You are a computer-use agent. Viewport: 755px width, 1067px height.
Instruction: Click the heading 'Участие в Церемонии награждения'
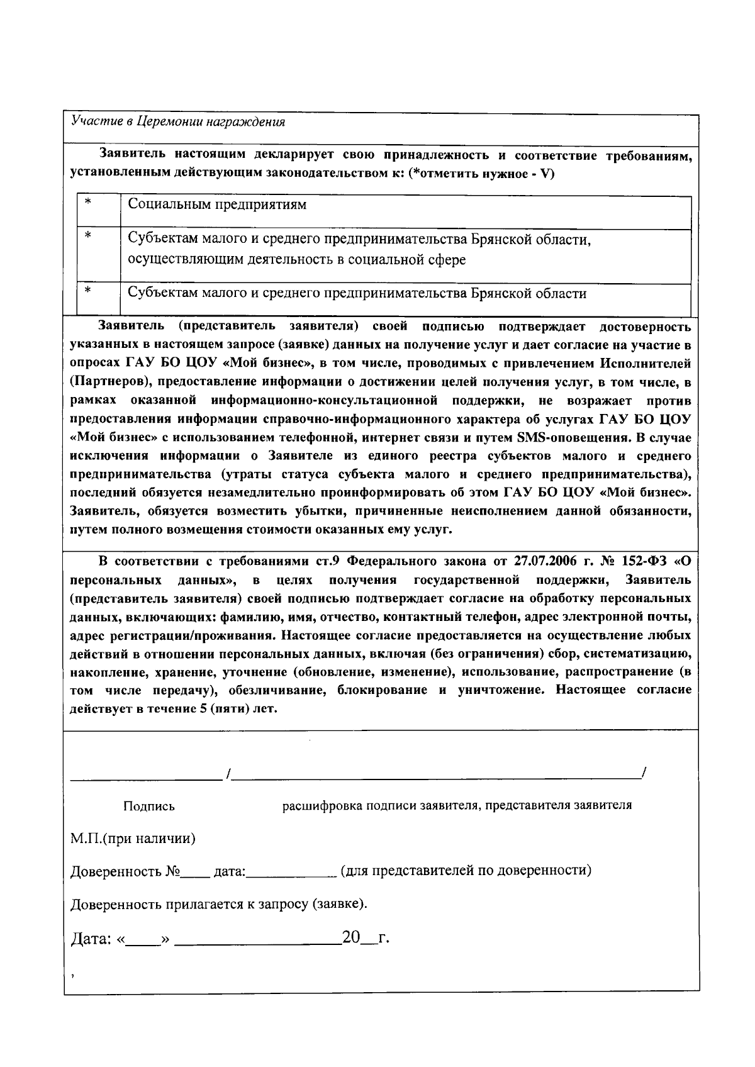(x=178, y=122)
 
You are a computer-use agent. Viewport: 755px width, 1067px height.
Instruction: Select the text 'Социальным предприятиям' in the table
(x=217, y=204)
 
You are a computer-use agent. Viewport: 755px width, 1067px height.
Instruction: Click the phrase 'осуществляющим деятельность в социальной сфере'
(x=297, y=260)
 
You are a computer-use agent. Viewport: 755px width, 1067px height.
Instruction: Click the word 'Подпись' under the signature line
(x=149, y=807)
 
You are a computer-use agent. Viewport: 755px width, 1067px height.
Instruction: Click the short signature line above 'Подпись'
(x=145, y=779)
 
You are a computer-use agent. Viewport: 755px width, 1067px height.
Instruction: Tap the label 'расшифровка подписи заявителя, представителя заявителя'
(x=457, y=806)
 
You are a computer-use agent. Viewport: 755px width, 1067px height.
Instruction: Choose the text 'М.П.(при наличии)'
(x=133, y=839)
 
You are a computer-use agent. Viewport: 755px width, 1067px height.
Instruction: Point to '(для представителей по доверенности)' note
(x=466, y=871)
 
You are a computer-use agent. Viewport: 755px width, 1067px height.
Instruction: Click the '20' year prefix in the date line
(x=350, y=938)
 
